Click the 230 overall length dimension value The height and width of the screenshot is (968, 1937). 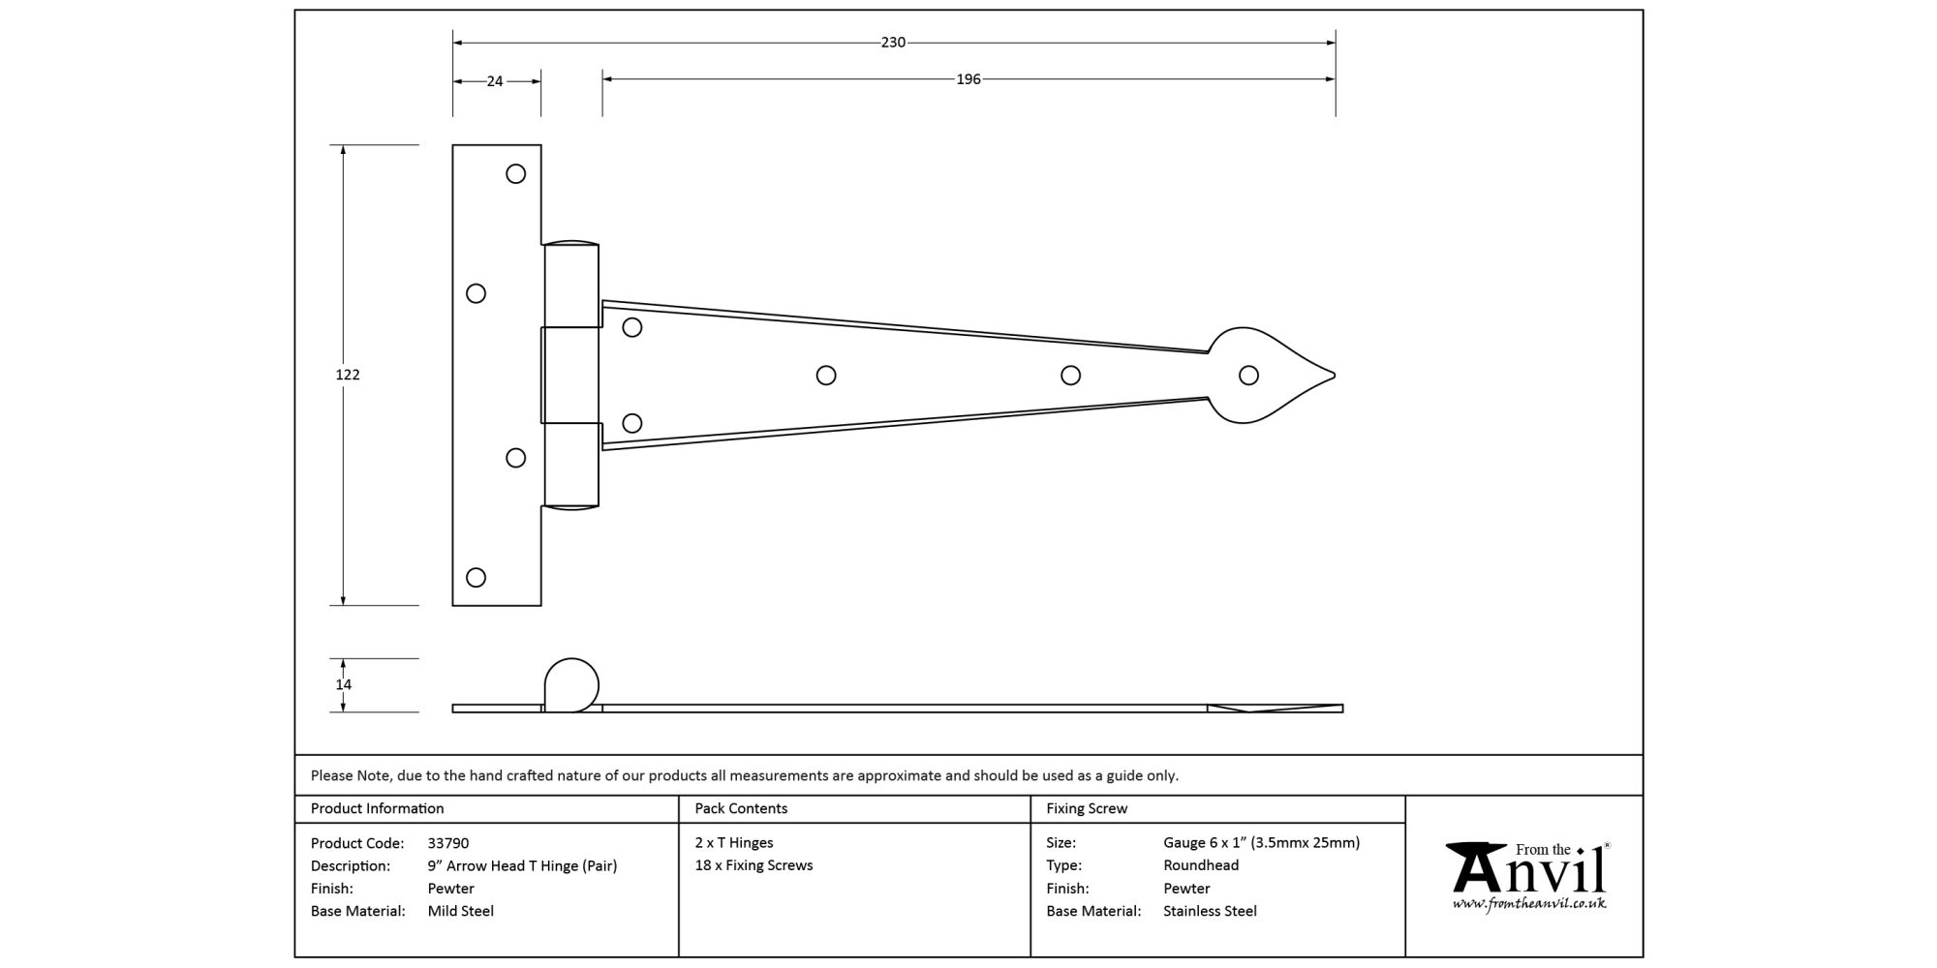[x=893, y=43]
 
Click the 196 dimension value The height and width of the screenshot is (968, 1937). [x=968, y=79]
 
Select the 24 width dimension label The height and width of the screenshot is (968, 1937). [x=495, y=81]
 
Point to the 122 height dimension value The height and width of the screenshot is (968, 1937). [x=348, y=375]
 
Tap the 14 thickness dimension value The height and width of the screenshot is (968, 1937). [x=344, y=684]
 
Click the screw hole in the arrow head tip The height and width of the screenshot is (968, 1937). [x=1248, y=376]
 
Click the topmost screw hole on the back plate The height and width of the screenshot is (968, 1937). [x=516, y=174]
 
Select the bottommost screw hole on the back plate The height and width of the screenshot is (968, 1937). [x=476, y=578]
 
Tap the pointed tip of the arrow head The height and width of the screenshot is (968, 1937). [x=1334, y=376]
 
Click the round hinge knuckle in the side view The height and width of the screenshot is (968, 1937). [x=571, y=684]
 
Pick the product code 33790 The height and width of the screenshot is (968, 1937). [x=448, y=843]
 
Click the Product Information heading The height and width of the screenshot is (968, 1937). [x=377, y=808]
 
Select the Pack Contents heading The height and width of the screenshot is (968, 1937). [x=741, y=808]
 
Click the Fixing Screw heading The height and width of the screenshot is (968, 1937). [x=1087, y=808]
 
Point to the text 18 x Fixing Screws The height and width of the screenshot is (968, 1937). [x=753, y=865]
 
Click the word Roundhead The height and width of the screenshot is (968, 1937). [x=1201, y=865]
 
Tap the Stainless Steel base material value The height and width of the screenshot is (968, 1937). [x=1210, y=911]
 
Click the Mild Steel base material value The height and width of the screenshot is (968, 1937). [x=461, y=911]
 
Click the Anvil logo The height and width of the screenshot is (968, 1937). [x=1527, y=868]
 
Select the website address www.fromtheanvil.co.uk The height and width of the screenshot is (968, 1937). [x=1528, y=904]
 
